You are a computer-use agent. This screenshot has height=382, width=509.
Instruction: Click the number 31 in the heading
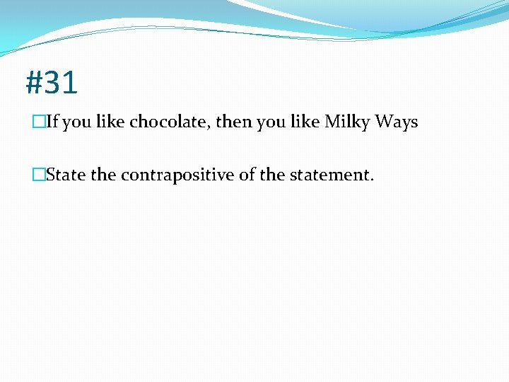point(60,83)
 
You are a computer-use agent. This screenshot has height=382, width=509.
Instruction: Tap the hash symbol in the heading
point(34,83)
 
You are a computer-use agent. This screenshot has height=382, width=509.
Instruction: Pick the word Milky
point(347,122)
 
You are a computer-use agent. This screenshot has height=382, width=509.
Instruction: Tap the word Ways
point(396,122)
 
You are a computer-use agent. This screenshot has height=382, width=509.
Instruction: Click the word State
point(66,175)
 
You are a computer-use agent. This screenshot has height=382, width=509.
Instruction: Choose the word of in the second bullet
point(247,175)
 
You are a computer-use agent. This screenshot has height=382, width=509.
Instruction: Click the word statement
point(329,175)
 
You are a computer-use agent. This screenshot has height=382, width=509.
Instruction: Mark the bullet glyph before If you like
point(38,122)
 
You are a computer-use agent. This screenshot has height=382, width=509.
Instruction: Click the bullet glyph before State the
point(38,175)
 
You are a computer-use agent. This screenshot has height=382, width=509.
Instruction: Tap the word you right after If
point(77,123)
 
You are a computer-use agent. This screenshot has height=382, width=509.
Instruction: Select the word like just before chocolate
point(110,122)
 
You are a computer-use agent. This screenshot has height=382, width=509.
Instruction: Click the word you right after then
point(270,123)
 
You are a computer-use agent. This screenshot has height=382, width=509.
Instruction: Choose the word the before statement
point(273,175)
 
